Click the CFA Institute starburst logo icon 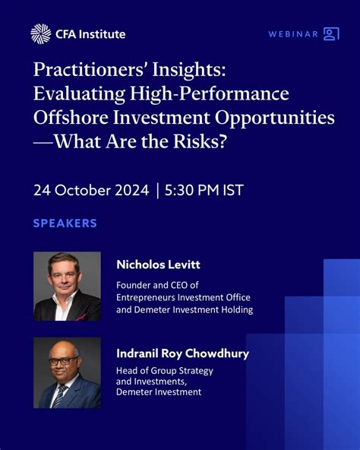(40, 33)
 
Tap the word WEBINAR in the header (293, 34)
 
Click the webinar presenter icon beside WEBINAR (331, 33)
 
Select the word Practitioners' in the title (90, 70)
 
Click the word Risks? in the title (199, 144)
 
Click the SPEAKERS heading (65, 223)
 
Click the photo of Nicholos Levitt (67, 286)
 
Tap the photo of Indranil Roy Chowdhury (67, 373)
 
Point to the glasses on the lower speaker (64, 360)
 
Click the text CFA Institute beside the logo (90, 34)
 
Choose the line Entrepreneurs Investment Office (183, 297)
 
